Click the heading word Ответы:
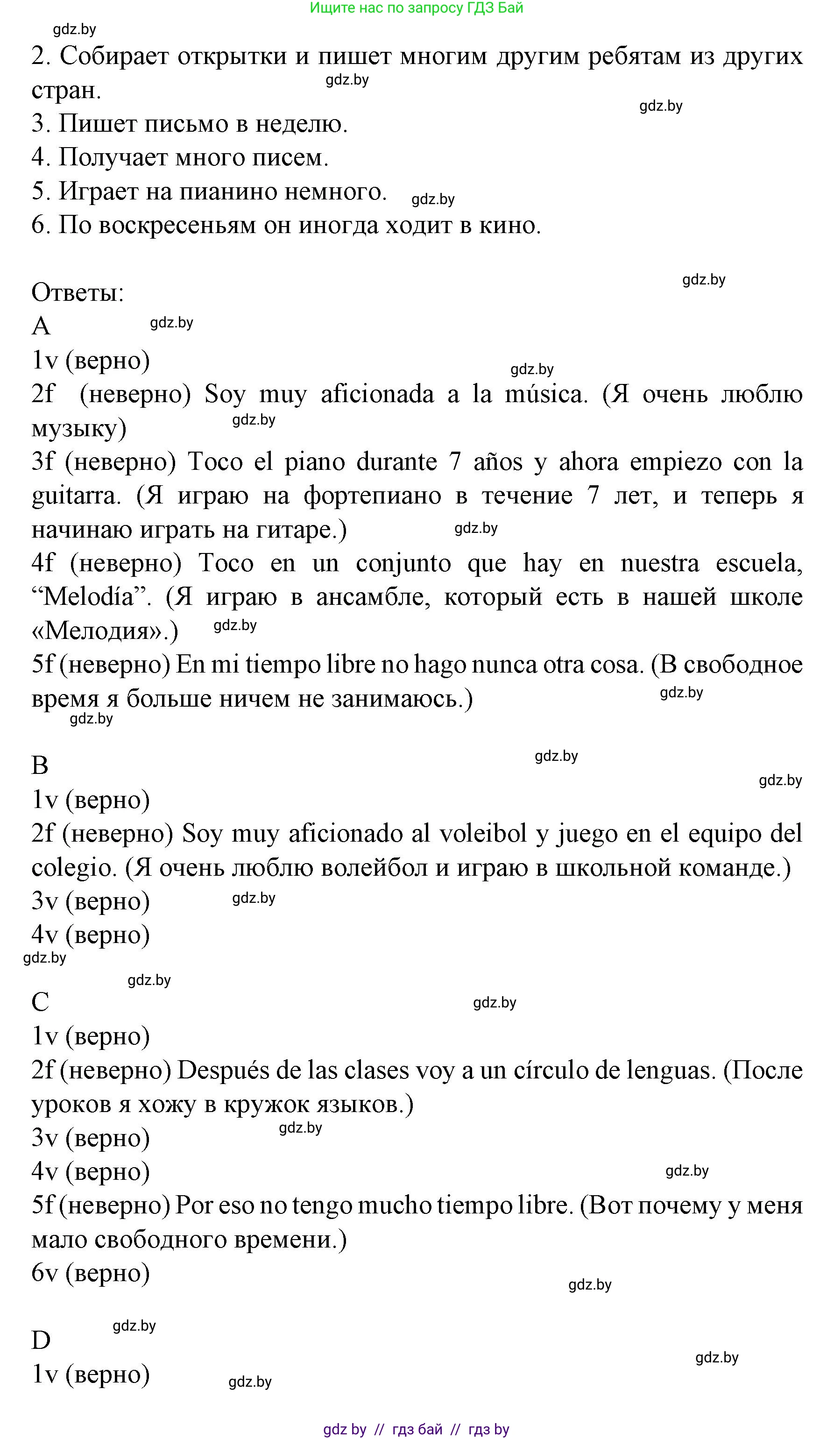(78, 293)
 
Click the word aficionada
(377, 395)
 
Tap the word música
(546, 395)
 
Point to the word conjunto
(403, 564)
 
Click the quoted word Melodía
(92, 597)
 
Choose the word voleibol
(483, 834)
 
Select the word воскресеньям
(177, 226)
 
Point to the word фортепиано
(372, 496)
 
